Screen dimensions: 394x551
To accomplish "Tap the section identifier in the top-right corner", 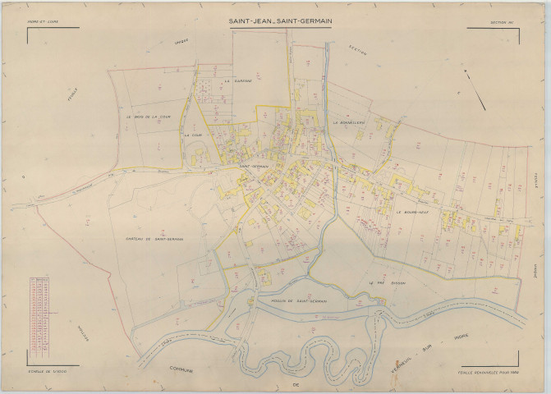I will (500, 23).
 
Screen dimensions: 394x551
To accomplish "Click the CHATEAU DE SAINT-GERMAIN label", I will (155, 239).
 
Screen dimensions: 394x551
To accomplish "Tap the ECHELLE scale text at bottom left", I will (47, 372).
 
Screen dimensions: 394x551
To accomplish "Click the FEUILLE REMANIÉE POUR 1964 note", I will (490, 372).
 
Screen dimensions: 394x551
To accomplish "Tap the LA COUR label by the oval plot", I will (195, 135).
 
